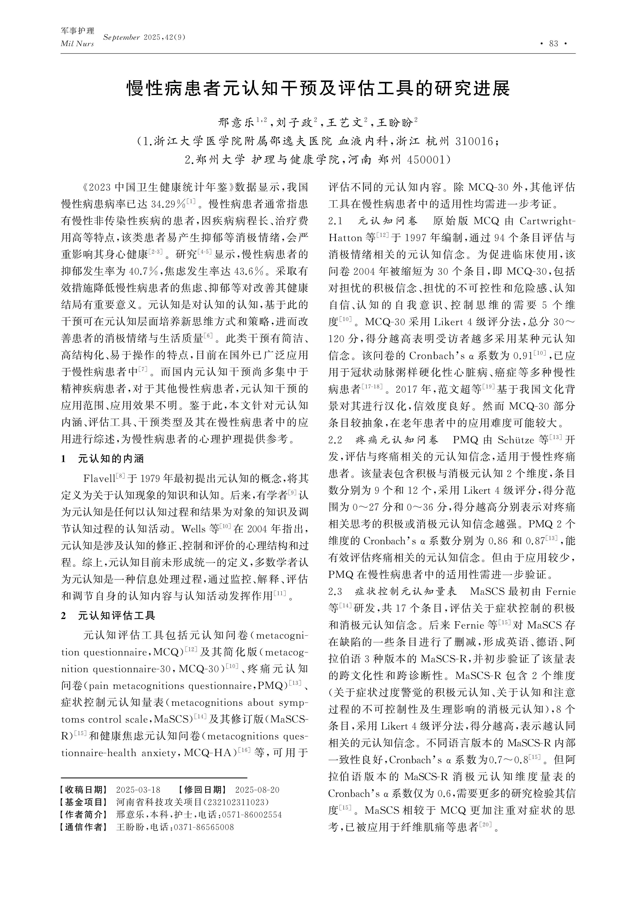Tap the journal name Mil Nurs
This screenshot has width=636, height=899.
click(x=78, y=44)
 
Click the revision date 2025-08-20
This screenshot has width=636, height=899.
click(x=257, y=790)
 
